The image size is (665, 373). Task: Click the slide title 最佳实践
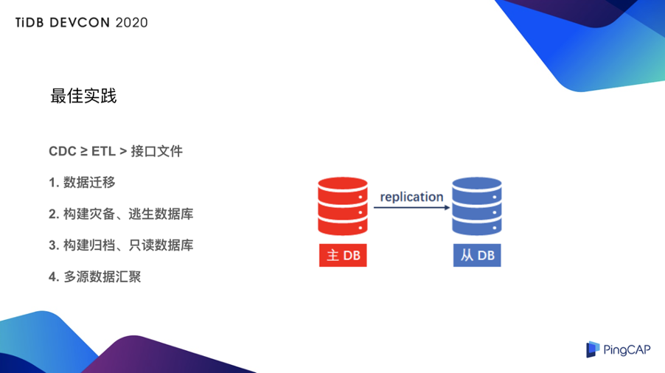pyautogui.click(x=83, y=96)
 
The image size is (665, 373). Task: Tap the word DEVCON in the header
pyautogui.click(x=80, y=22)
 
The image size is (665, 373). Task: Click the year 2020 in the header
pyautogui.click(x=131, y=22)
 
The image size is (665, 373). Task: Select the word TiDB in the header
pyautogui.click(x=29, y=22)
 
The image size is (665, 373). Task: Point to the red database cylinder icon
pyautogui.click(x=343, y=206)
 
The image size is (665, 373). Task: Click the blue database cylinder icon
pyautogui.click(x=477, y=206)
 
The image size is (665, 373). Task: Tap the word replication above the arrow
pyautogui.click(x=411, y=197)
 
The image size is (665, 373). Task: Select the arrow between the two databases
pyautogui.click(x=411, y=207)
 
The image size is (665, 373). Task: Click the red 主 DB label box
pyautogui.click(x=343, y=255)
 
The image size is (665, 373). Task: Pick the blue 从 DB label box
pyautogui.click(x=477, y=255)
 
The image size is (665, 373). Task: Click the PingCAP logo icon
pyautogui.click(x=593, y=349)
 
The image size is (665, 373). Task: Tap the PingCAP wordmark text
pyautogui.click(x=627, y=349)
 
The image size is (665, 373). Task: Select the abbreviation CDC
pyautogui.click(x=63, y=151)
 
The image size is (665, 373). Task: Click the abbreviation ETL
pyautogui.click(x=103, y=151)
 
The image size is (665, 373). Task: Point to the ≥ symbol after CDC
pyautogui.click(x=84, y=151)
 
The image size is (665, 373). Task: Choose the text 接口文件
pyautogui.click(x=156, y=151)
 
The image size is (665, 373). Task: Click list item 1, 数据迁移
pyautogui.click(x=82, y=182)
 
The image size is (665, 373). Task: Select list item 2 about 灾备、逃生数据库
pyautogui.click(x=121, y=214)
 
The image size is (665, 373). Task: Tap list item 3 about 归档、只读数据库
pyautogui.click(x=121, y=245)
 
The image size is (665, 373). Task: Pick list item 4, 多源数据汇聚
pyautogui.click(x=94, y=276)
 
